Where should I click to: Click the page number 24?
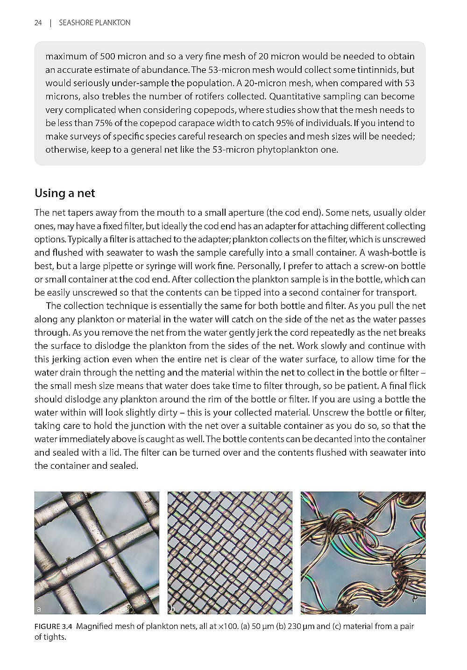coord(38,22)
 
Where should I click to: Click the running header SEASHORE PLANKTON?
coord(95,22)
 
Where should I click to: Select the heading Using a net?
coord(65,193)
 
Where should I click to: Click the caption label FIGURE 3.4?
coord(54,626)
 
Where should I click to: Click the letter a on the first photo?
coord(39,609)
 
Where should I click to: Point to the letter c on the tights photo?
coord(305,609)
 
